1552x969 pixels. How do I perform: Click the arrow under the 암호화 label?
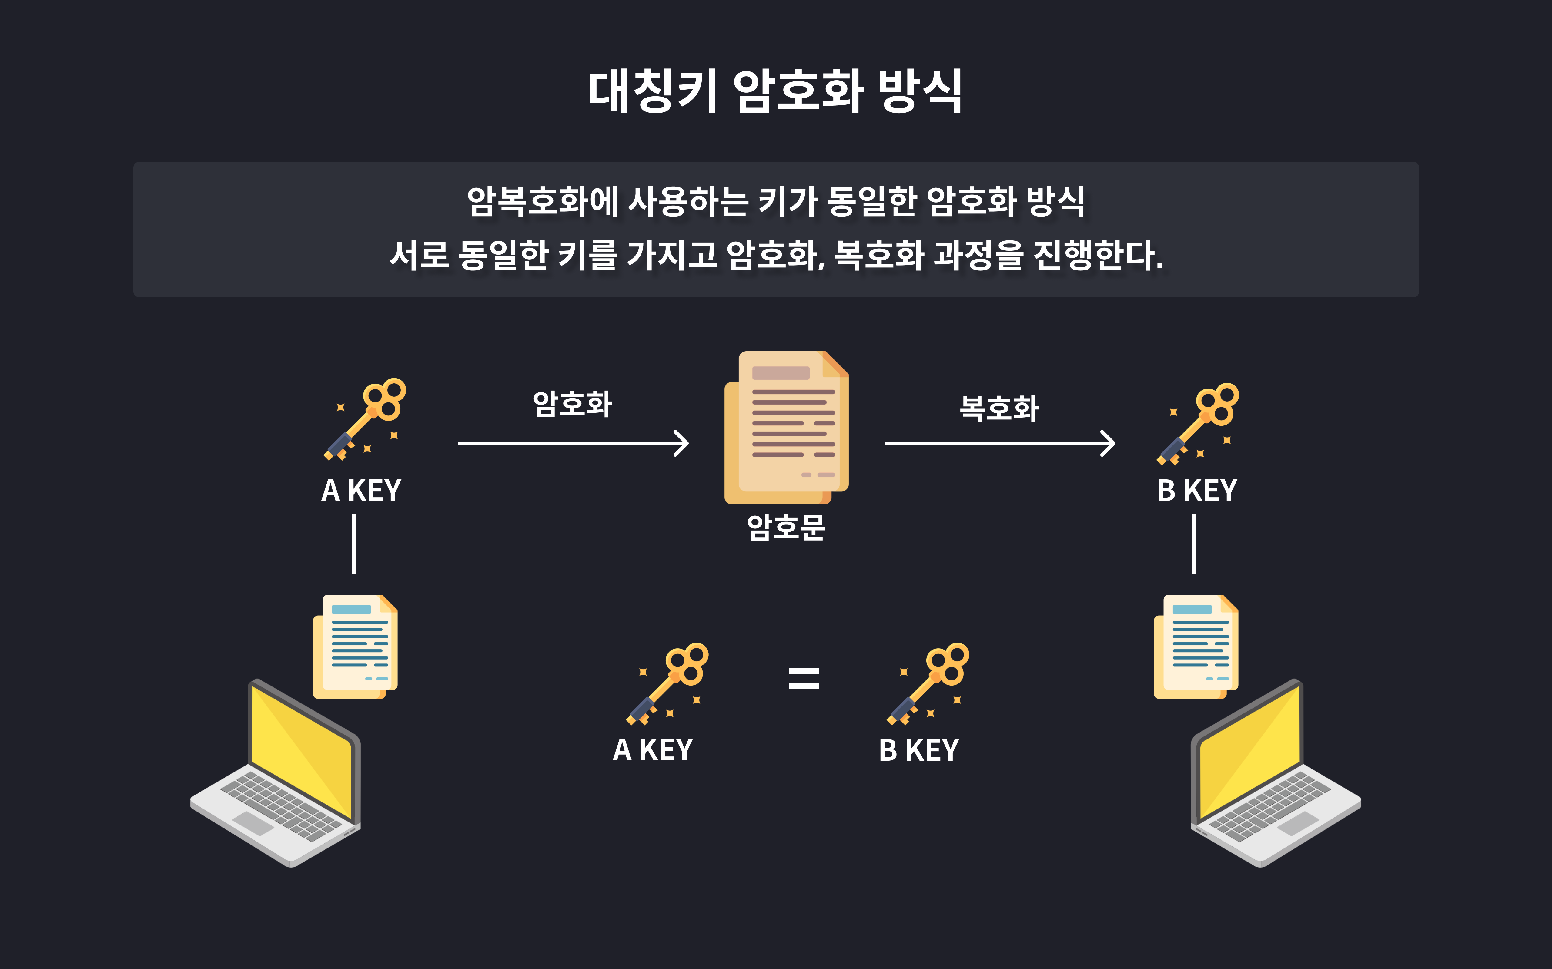(573, 443)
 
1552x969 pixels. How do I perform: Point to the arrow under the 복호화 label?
(999, 443)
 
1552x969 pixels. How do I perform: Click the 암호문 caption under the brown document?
(786, 527)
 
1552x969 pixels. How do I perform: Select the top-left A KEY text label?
(361, 491)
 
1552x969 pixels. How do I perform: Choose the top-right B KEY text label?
(1197, 491)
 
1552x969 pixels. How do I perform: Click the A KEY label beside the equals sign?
(653, 750)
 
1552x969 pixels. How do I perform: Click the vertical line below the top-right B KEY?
(1194, 544)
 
